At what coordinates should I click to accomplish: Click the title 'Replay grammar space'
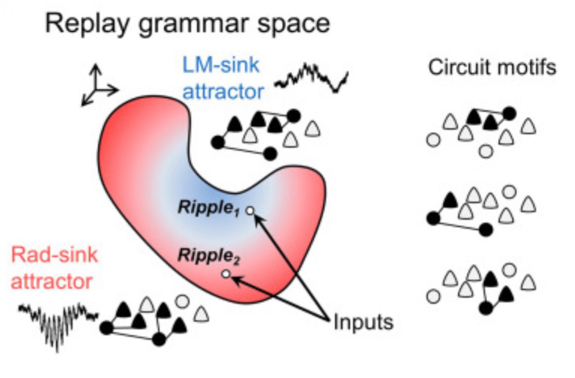(x=187, y=24)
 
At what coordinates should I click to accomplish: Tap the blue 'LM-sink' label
(x=220, y=65)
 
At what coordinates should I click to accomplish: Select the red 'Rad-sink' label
(x=55, y=255)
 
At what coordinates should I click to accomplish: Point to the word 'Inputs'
(x=363, y=322)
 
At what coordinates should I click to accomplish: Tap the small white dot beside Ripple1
(x=250, y=211)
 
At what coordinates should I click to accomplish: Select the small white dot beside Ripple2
(x=226, y=275)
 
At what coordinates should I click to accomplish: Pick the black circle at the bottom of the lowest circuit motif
(x=485, y=308)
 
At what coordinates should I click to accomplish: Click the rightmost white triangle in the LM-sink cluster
(x=312, y=129)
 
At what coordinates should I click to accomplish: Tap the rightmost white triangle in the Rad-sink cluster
(x=200, y=313)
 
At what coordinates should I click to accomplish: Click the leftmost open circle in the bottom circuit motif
(x=434, y=295)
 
